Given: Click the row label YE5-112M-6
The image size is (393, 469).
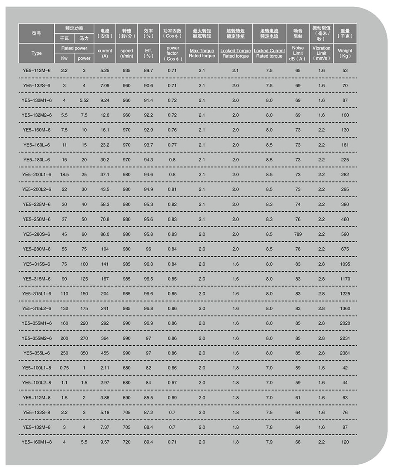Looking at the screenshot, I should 36,70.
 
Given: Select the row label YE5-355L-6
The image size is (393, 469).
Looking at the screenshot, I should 36,353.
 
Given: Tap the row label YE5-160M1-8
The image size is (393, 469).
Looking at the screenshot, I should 36,442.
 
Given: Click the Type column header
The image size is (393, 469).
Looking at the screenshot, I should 36,53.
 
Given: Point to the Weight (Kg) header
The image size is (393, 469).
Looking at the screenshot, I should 345,53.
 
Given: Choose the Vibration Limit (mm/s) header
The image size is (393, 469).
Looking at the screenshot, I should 321,53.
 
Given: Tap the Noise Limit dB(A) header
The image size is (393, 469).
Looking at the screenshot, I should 298,53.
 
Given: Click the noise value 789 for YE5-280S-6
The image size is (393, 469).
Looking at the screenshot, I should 298,234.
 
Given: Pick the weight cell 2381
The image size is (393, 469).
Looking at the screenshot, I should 345,353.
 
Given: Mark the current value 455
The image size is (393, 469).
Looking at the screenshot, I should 105,353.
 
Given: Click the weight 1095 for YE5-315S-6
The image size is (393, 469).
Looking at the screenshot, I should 345,264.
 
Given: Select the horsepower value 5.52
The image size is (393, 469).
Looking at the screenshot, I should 84,100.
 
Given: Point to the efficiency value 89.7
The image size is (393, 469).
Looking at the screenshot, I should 149,70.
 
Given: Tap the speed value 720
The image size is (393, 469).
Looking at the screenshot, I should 127,442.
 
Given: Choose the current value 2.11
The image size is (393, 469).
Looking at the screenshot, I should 105,368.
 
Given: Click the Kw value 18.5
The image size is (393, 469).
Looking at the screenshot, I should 65,174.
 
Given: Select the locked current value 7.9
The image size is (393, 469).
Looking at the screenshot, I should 269,442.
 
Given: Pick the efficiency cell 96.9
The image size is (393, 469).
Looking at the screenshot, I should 149,323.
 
